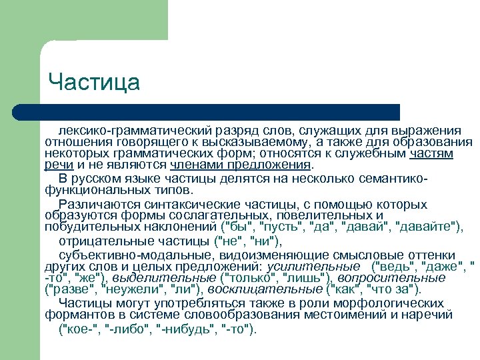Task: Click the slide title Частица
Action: click(94, 83)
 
